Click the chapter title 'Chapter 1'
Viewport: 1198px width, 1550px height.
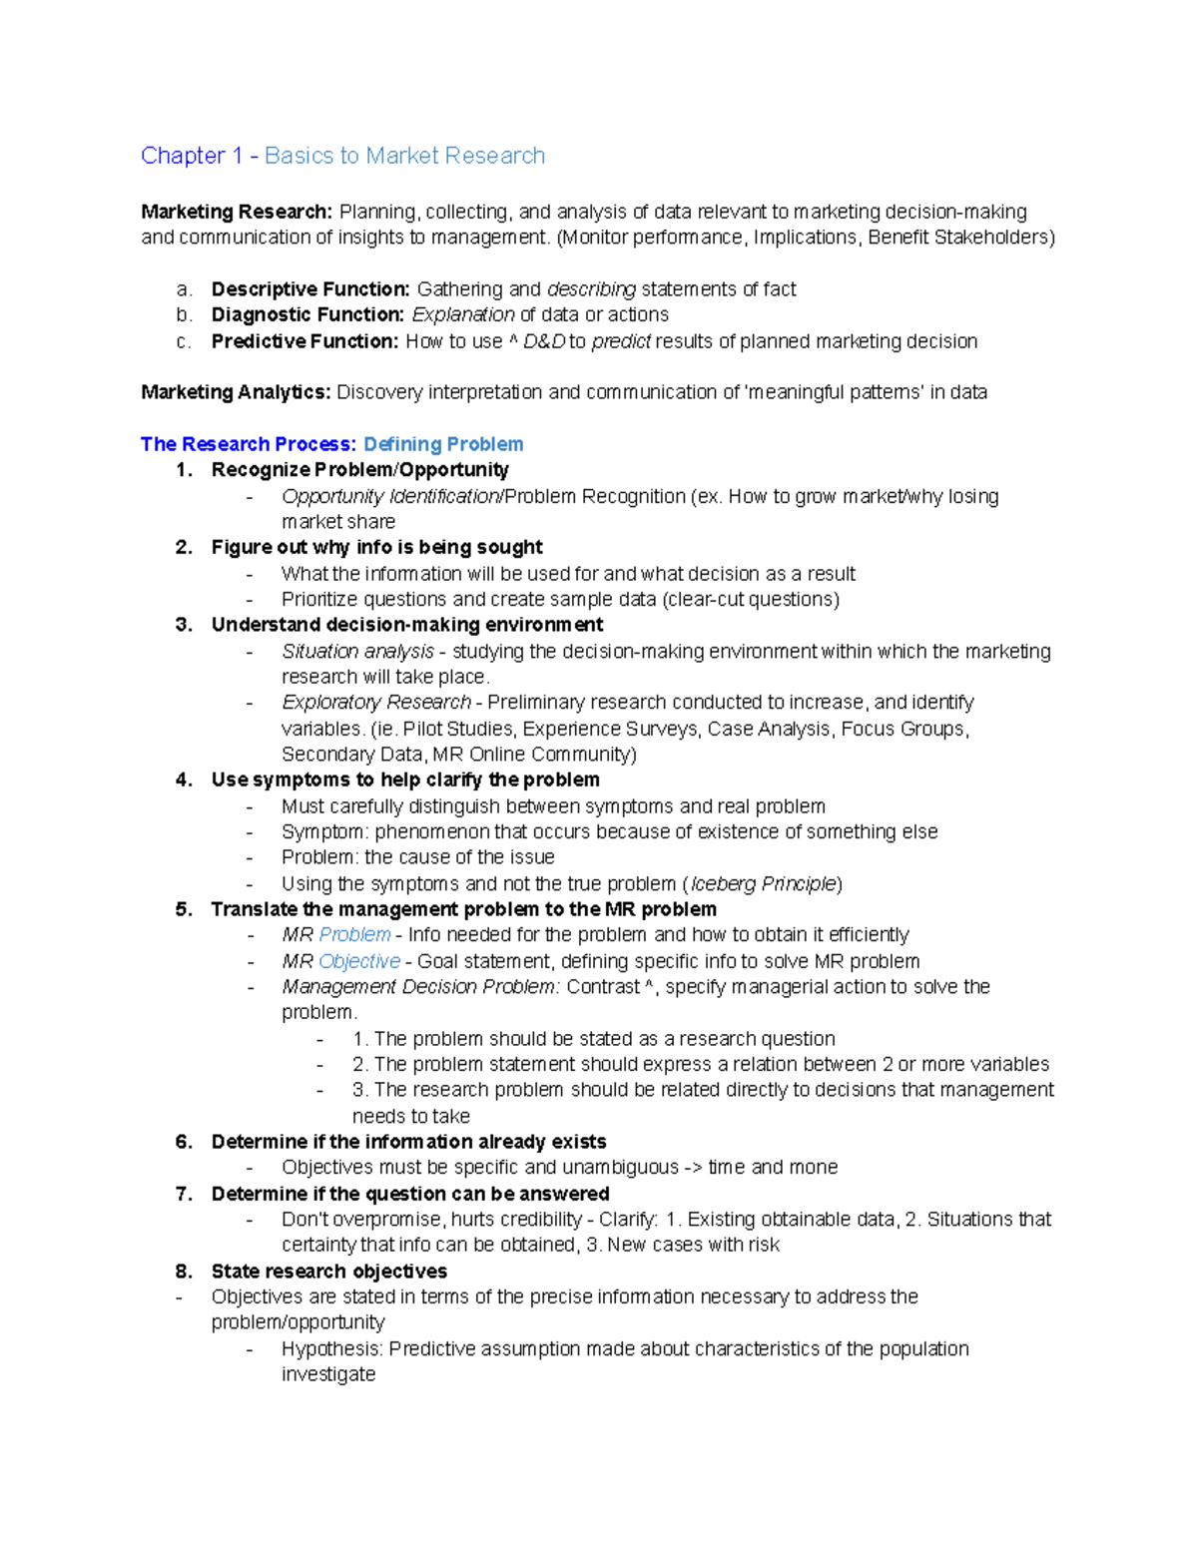[x=192, y=156]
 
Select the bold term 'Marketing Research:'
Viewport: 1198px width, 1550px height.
[x=236, y=212]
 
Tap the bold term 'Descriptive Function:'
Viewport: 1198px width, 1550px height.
[x=309, y=289]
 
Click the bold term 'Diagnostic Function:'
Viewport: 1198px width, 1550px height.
[x=307, y=314]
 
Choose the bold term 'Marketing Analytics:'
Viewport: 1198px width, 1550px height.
[x=235, y=392]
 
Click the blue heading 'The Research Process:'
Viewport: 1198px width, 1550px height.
[x=248, y=444]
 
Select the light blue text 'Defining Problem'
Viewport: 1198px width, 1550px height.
[x=443, y=444]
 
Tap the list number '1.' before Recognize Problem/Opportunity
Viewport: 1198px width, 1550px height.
[x=184, y=470]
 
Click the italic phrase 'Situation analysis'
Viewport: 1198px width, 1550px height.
[x=357, y=652]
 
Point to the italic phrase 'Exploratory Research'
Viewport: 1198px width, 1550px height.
[x=375, y=703]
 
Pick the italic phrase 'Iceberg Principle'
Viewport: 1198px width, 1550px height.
[x=764, y=884]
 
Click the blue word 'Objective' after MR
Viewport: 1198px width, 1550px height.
[x=358, y=961]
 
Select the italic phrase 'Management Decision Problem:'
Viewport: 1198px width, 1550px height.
[x=420, y=987]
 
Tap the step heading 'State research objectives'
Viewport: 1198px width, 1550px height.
[x=328, y=1272]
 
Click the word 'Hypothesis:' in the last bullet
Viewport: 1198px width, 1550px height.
[x=331, y=1349]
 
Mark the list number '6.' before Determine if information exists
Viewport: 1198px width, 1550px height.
[x=184, y=1142]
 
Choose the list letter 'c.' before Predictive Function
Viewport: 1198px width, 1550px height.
[x=183, y=341]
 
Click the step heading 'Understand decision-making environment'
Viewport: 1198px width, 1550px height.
[x=406, y=625]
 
